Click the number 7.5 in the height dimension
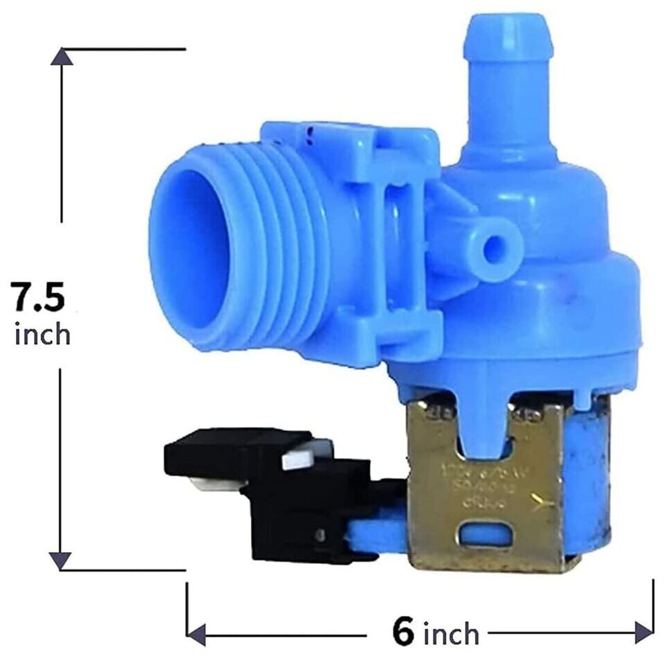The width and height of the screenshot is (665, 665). click(39, 297)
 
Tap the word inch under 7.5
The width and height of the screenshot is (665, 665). click(42, 335)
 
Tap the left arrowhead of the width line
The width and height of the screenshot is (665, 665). click(195, 632)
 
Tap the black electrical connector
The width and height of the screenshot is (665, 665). click(291, 492)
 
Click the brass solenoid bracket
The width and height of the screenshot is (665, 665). click(485, 499)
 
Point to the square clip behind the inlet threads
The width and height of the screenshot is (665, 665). click(402, 236)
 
